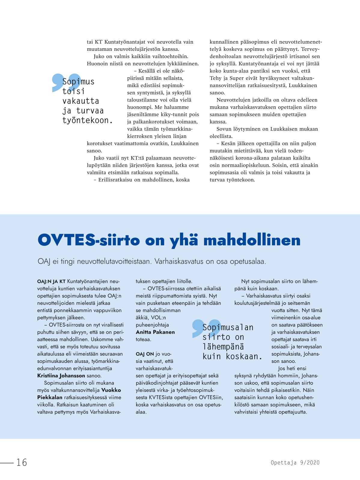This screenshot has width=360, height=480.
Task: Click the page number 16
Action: coord(22,462)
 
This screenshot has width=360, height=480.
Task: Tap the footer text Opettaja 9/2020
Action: coord(295,463)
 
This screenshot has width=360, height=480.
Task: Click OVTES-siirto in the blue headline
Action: coord(89,240)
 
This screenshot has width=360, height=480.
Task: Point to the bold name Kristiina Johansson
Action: coord(61,375)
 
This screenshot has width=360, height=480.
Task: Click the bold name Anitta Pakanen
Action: coord(155,332)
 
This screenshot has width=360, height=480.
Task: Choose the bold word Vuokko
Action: coord(111,390)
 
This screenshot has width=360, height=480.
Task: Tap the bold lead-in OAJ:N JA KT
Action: coord(51,281)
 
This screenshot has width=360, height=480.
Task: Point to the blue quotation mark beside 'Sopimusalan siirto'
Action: coord(200,327)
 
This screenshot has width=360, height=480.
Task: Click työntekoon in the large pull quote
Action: coord(87,120)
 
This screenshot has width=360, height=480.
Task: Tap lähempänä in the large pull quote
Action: coord(223,347)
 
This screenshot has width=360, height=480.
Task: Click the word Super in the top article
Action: coord(236,78)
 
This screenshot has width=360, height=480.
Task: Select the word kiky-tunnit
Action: coord(174,114)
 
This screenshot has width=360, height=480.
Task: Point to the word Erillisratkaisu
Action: coord(115,180)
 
